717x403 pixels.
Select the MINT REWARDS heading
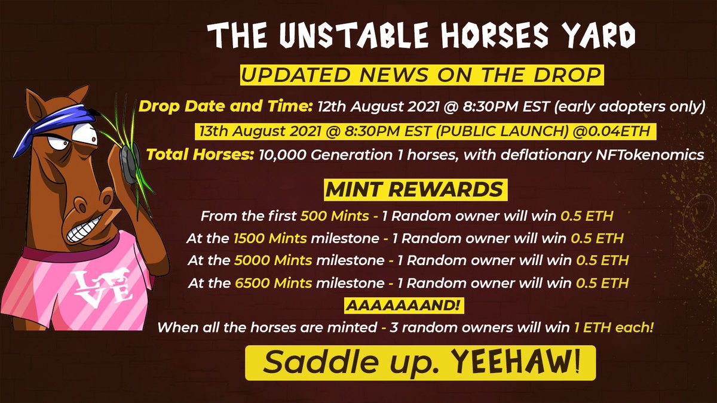(x=416, y=190)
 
